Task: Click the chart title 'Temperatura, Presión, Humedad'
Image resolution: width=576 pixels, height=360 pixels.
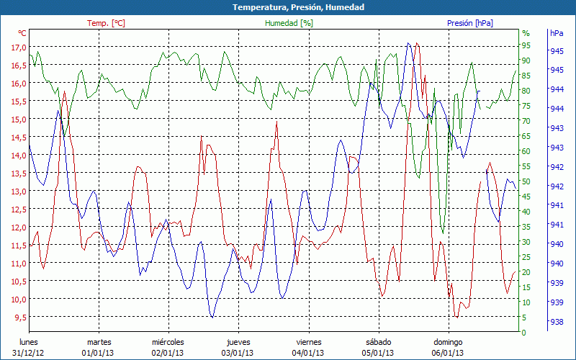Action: point(288,7)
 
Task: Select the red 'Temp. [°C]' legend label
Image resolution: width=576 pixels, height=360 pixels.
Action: point(106,23)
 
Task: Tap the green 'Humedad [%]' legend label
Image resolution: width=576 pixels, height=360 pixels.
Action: point(289,23)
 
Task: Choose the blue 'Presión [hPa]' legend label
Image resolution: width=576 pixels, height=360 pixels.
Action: point(470,23)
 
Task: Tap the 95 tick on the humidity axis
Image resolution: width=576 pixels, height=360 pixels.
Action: point(526,45)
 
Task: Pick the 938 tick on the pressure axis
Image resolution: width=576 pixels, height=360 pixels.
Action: point(557,322)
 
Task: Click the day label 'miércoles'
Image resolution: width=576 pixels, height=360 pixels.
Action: point(168,342)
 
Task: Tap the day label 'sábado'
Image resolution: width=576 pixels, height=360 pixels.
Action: point(378,342)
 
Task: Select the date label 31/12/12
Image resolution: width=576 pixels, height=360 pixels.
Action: point(28,353)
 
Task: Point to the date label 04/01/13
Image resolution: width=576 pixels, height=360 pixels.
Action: point(307,353)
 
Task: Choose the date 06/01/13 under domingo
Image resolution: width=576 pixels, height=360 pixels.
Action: point(448,353)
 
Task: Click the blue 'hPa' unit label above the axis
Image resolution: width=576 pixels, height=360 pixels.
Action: point(557,33)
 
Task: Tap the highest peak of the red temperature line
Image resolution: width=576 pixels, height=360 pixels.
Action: point(417,43)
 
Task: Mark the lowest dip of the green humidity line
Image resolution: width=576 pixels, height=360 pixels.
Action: point(443,233)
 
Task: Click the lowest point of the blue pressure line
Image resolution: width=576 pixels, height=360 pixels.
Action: point(212,317)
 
